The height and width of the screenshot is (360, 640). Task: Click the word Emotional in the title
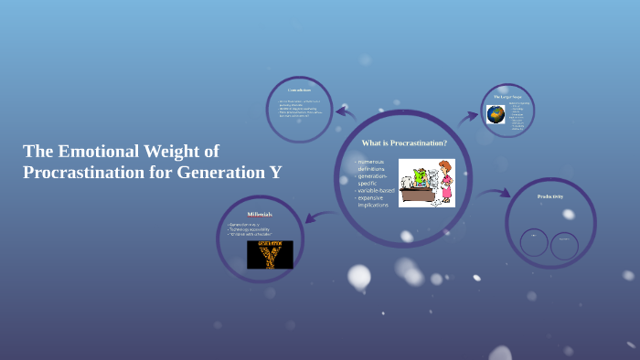click(x=98, y=151)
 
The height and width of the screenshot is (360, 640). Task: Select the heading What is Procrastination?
click(x=404, y=143)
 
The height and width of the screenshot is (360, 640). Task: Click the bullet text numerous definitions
click(x=372, y=165)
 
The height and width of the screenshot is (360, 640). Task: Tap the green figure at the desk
click(x=419, y=176)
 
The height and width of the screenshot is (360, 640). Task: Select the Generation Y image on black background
click(x=270, y=254)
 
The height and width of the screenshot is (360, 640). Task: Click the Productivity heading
click(x=549, y=196)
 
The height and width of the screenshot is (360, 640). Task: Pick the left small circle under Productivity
click(x=534, y=242)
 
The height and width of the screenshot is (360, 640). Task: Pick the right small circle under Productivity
click(x=564, y=245)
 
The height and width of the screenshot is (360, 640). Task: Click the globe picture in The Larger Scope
click(x=496, y=114)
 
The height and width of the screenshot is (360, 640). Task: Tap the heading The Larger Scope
click(x=507, y=96)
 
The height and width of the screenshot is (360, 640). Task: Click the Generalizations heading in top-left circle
click(x=299, y=90)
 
